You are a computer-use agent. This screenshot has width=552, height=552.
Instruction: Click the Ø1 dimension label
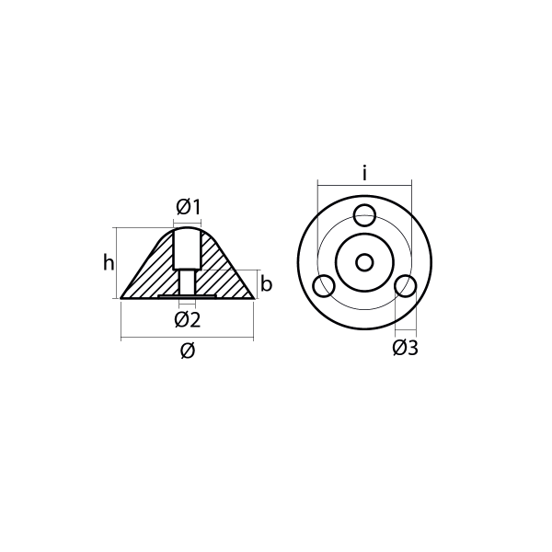[188, 208]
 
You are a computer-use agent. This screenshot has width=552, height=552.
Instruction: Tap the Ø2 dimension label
[188, 319]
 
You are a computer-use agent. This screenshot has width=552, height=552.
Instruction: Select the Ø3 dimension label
[405, 348]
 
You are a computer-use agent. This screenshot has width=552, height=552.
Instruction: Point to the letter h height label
[109, 263]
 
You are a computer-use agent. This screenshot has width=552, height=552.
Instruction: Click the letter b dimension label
[266, 284]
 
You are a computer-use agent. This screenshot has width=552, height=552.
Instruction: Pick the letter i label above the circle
[364, 172]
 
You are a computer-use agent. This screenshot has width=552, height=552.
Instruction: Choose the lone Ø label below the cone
[188, 351]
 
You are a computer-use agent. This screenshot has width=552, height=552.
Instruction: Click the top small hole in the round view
[365, 215]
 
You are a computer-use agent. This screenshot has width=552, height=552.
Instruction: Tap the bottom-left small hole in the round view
[324, 286]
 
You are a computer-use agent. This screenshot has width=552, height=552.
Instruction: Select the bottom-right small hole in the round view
[406, 286]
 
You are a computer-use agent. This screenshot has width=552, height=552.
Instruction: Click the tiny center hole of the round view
[364, 262]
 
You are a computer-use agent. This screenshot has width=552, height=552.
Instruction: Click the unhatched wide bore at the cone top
[188, 248]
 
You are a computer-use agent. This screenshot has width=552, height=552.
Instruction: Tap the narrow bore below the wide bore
[188, 282]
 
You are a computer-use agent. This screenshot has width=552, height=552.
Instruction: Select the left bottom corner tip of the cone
[122, 298]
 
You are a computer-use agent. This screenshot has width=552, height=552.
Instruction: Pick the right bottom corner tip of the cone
[253, 298]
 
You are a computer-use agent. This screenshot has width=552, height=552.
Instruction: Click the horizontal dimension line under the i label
[364, 184]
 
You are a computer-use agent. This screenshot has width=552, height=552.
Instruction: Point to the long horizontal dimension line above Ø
[188, 339]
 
